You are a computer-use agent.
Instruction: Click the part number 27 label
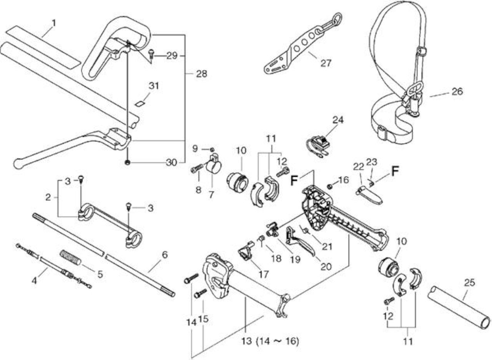point(326,63)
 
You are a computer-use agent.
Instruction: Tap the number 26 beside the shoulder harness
point(457,92)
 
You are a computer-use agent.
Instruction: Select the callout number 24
point(338,120)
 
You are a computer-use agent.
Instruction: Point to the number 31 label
point(154,86)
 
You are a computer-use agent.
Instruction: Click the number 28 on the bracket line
point(201,74)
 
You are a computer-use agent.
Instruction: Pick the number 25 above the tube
point(469,283)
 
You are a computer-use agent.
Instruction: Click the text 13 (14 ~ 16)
point(270,341)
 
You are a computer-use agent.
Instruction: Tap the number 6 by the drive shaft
point(165,255)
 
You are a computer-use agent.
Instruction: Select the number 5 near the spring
point(100,274)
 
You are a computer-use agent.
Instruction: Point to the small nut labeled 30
point(128,163)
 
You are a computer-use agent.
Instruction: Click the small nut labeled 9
point(212,150)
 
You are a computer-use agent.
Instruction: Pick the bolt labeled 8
point(197,169)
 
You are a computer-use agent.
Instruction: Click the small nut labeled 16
point(329,187)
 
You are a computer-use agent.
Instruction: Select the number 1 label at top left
point(54,23)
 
